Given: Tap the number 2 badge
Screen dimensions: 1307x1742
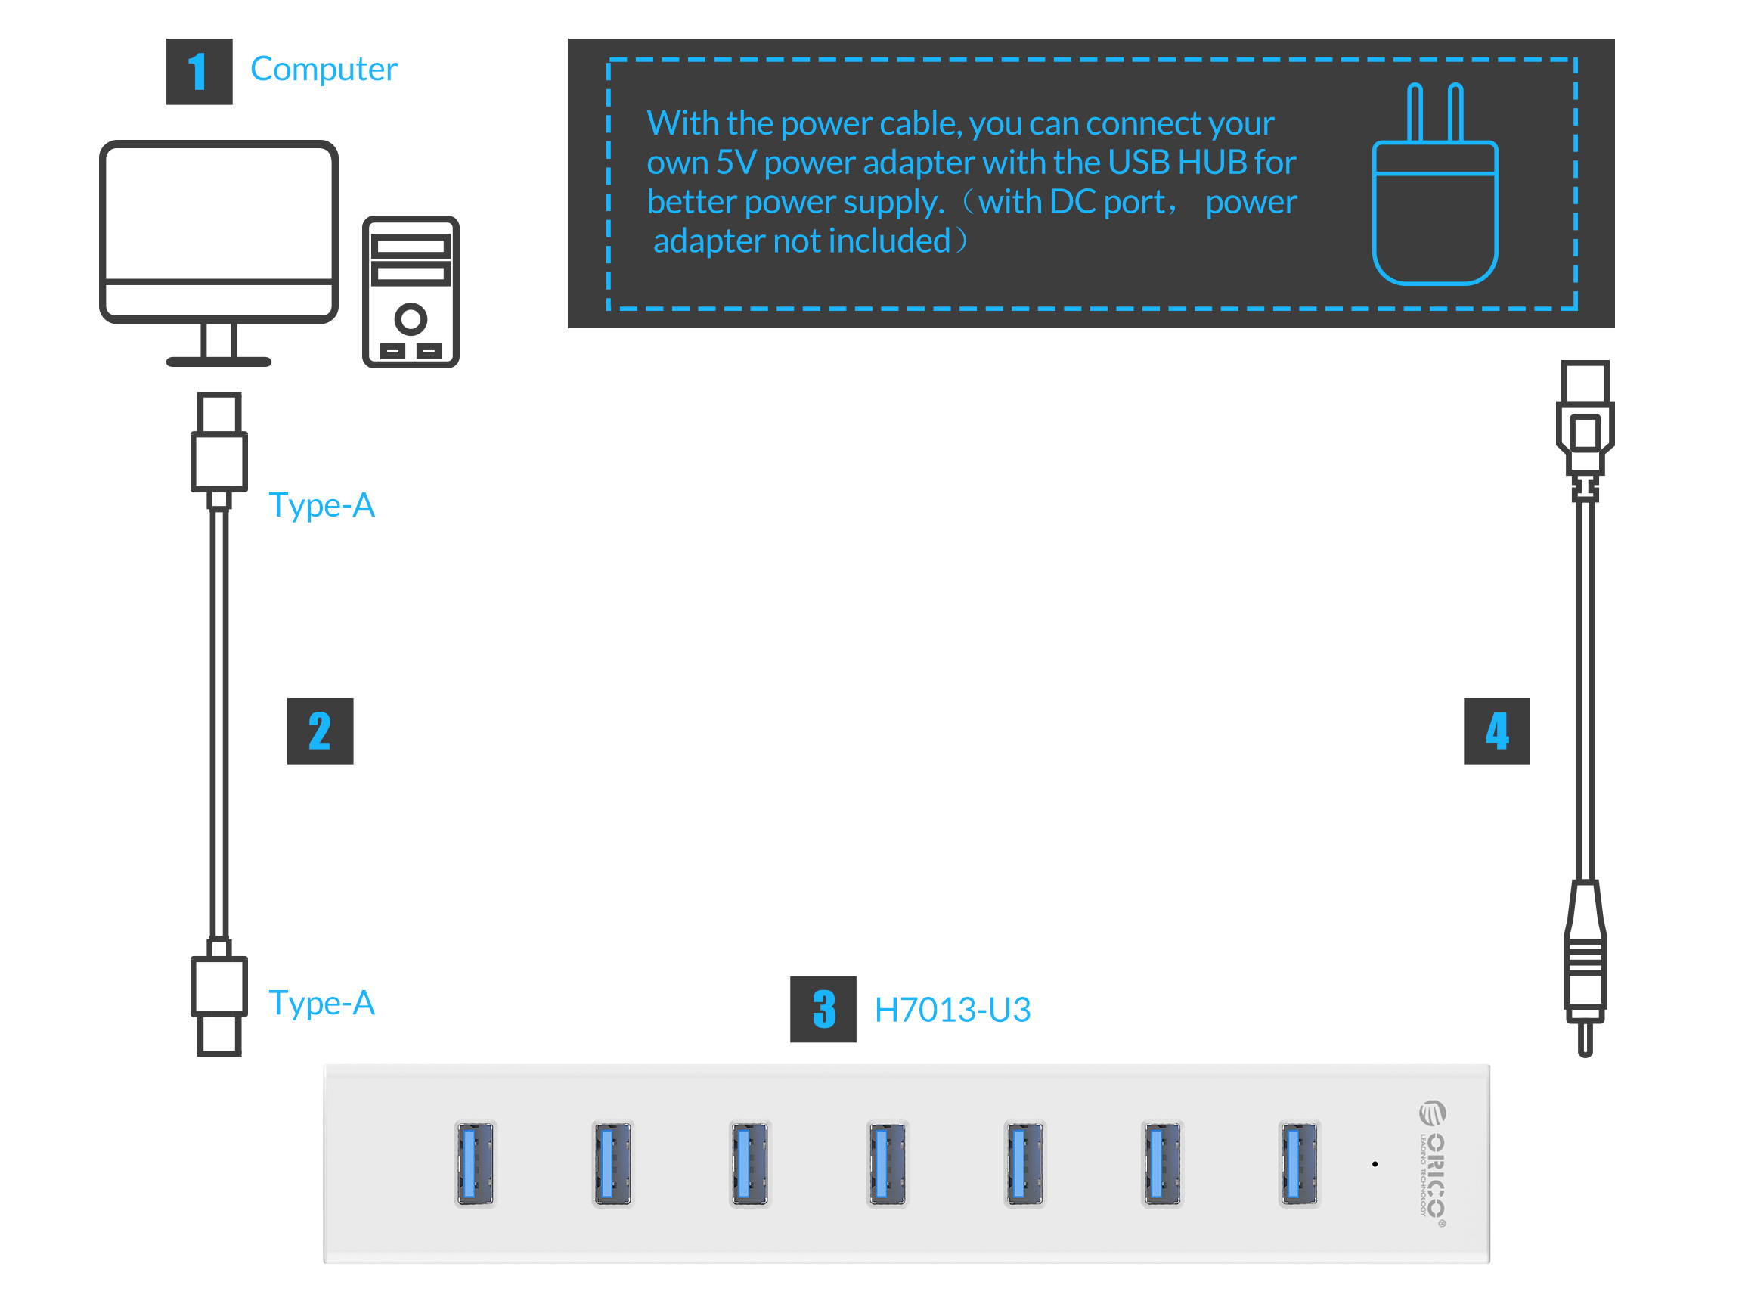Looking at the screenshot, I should tap(320, 731).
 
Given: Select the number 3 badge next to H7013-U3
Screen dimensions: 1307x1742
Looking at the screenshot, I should tap(823, 1009).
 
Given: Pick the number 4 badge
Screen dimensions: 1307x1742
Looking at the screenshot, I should tap(1496, 731).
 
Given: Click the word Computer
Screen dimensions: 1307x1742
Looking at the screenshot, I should tap(324, 70).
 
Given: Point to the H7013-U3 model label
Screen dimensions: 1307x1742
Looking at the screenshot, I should tap(952, 1010).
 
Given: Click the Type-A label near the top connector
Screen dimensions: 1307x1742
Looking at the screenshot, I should tap(321, 505).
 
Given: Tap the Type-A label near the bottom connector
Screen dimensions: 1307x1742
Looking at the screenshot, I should tap(321, 1003).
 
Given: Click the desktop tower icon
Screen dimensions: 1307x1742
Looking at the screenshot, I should tap(411, 291).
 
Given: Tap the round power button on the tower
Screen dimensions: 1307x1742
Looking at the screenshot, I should tap(411, 319).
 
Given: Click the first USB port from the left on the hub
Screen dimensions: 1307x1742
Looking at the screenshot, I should tap(475, 1163).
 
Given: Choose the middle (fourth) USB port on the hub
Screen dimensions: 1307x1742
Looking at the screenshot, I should tap(887, 1163).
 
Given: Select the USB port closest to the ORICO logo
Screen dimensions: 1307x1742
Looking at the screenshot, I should tap(1299, 1163).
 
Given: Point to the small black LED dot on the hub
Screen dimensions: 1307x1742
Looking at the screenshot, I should tap(1375, 1163).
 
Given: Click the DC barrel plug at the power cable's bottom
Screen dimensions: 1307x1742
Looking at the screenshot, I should tap(1585, 977).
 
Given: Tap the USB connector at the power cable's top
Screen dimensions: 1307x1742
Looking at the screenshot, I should tap(1585, 418).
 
